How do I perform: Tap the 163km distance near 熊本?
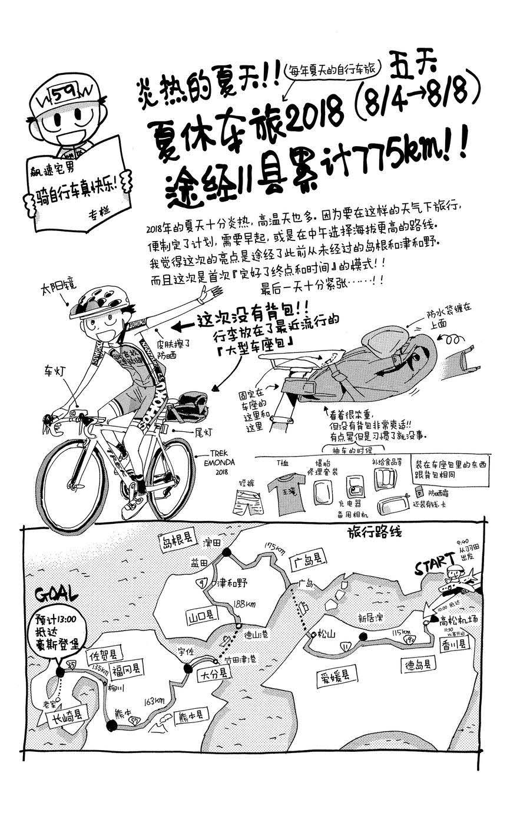coord(154,701)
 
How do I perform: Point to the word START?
coord(435,564)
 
